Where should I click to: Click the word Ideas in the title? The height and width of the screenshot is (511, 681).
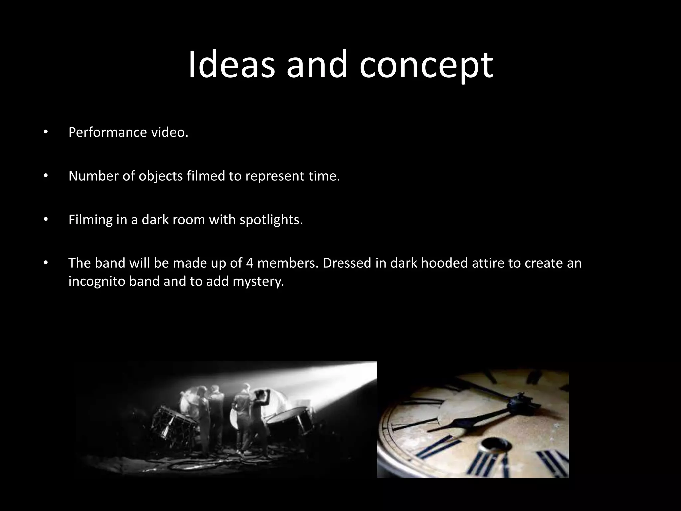(232, 64)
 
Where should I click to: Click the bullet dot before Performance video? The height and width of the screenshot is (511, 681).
(46, 132)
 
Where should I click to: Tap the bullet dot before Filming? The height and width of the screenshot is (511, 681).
(46, 220)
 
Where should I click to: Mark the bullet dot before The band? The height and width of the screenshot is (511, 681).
(46, 263)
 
